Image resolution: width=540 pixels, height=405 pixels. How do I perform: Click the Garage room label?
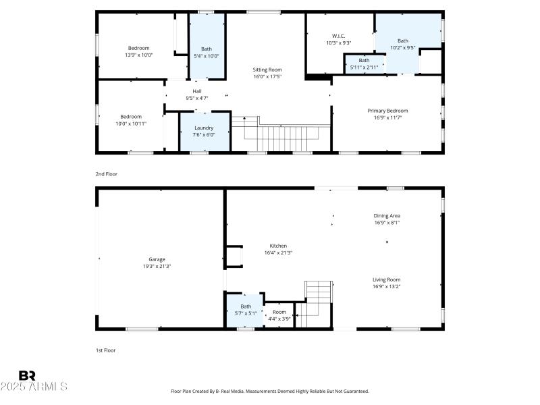pos(157,259)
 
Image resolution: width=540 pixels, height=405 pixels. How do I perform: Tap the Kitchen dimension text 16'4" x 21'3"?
pos(278,253)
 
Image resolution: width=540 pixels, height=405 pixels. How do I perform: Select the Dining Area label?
pos(387,216)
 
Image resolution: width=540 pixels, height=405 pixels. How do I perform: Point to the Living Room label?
pos(386,279)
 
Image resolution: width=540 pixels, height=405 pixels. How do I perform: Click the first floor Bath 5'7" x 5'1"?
pos(246,310)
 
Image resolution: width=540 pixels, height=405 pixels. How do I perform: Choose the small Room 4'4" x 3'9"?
pos(279,315)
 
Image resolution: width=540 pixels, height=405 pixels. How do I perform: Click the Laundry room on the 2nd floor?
pos(204,131)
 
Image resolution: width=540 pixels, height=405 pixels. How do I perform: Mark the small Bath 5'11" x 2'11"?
pos(364,63)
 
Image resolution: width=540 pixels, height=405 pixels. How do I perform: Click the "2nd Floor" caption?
pos(106,174)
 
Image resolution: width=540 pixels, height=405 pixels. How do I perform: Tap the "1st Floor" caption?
pos(106,350)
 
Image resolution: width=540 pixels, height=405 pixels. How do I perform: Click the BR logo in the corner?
pos(27,375)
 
